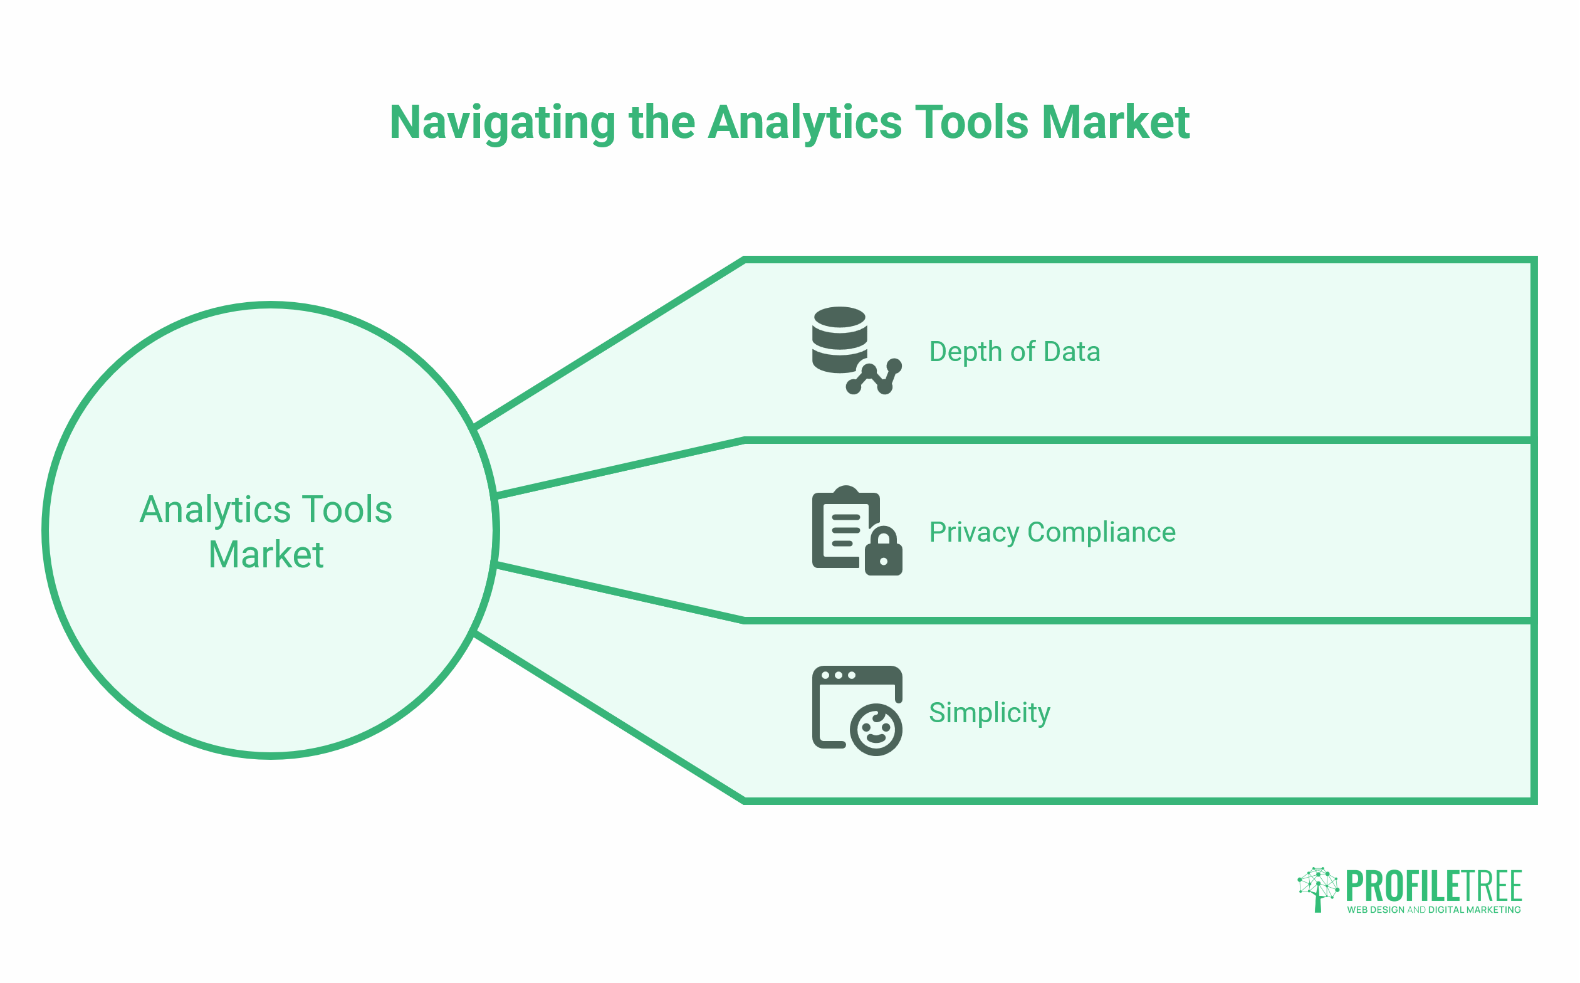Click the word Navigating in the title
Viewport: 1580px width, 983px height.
pyautogui.click(x=503, y=124)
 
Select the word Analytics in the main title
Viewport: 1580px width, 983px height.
pyautogui.click(x=805, y=124)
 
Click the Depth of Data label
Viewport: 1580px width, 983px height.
pyautogui.click(x=1015, y=352)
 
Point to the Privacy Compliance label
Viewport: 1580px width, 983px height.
pyautogui.click(x=1052, y=532)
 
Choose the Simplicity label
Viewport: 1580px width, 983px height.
pyautogui.click(x=989, y=713)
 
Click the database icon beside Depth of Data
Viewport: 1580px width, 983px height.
pyautogui.click(x=857, y=350)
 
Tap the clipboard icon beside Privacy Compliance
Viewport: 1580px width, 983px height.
pyautogui.click(x=857, y=530)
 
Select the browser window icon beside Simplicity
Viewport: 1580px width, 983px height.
pyautogui.click(x=857, y=710)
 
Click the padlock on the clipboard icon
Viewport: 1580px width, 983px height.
pyautogui.click(x=883, y=550)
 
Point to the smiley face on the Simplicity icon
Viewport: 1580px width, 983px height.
pyautogui.click(x=876, y=730)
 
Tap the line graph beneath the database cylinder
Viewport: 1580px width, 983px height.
pyautogui.click(x=874, y=377)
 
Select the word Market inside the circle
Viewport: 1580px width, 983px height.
pyautogui.click(x=266, y=555)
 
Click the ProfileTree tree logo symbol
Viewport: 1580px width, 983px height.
pyautogui.click(x=1318, y=890)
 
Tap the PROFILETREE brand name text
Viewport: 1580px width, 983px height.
pyautogui.click(x=1434, y=885)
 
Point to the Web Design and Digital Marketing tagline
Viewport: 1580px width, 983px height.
pyautogui.click(x=1434, y=910)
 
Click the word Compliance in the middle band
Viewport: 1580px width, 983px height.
pyautogui.click(x=1102, y=532)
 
